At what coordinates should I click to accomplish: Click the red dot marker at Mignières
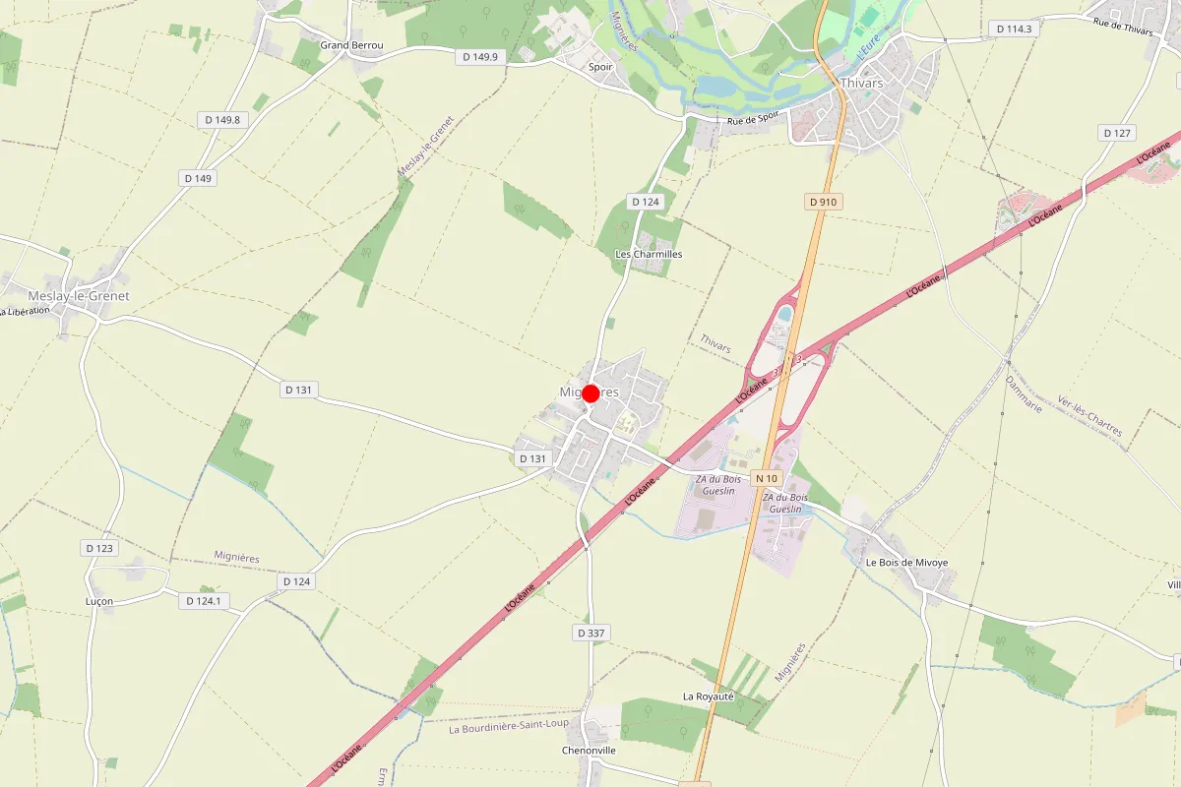click(590, 393)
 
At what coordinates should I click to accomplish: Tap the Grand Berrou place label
click(351, 45)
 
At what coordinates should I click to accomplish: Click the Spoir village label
click(600, 67)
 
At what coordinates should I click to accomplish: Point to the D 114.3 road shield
click(1014, 29)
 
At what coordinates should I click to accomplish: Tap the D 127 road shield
click(1118, 133)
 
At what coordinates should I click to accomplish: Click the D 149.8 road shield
click(222, 120)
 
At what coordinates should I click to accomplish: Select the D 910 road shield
click(823, 202)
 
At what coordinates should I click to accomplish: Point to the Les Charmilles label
click(649, 254)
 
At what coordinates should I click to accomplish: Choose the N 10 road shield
click(767, 478)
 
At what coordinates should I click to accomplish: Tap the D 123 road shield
click(99, 548)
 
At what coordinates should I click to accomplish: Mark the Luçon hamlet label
click(99, 601)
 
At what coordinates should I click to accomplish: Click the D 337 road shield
click(590, 633)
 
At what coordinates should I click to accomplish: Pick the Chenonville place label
click(589, 750)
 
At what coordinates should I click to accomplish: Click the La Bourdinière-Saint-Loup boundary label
click(508, 729)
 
